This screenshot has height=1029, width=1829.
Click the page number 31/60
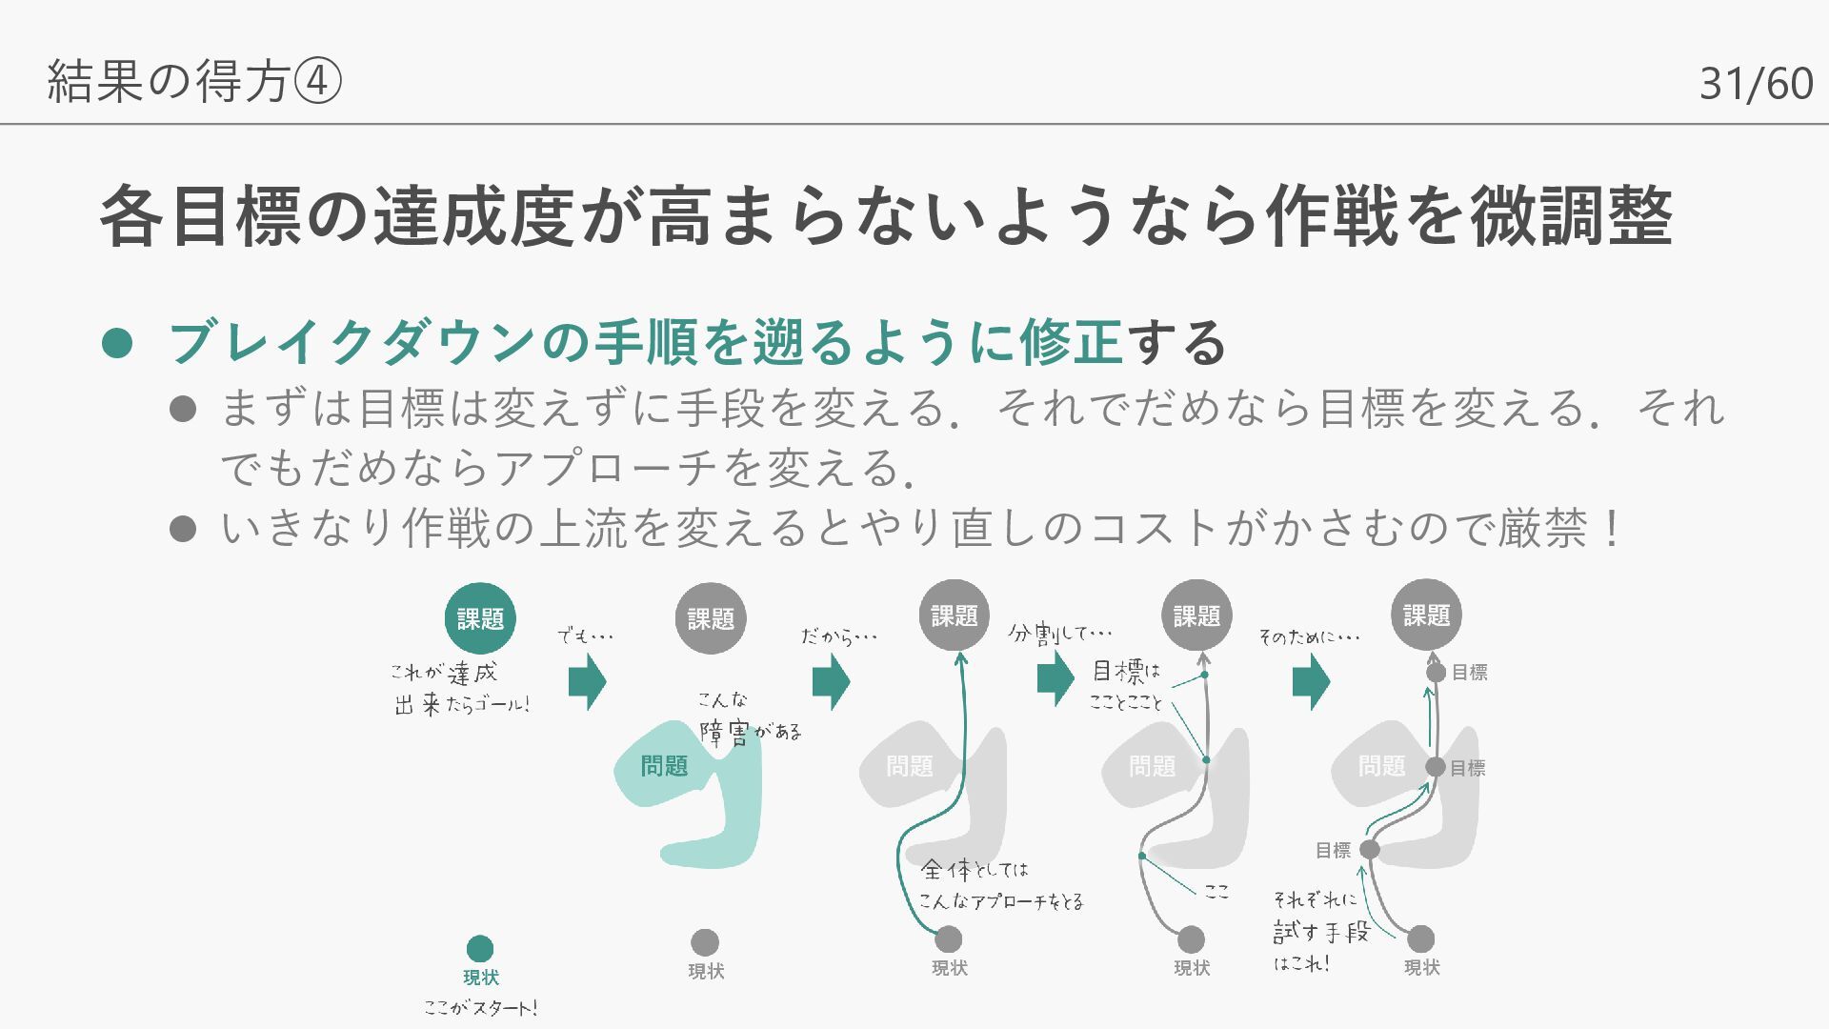click(1756, 84)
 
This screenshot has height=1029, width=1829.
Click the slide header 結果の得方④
click(193, 81)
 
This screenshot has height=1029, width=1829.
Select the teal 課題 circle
click(480, 618)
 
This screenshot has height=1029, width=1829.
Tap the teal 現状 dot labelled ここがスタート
click(480, 948)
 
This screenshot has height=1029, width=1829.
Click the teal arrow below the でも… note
click(587, 682)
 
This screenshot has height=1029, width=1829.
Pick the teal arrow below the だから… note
click(831, 682)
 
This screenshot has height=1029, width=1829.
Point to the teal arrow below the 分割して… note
click(1055, 678)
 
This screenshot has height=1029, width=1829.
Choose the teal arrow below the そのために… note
click(1311, 682)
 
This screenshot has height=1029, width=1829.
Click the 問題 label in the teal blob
click(664, 766)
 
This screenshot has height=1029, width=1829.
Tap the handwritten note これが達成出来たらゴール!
click(461, 689)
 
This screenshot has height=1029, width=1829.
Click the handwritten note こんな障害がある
click(748, 719)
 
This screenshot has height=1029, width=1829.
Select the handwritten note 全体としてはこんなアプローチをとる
click(1000, 885)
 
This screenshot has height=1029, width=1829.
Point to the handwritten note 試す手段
click(1321, 931)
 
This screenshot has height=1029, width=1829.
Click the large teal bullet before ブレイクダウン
click(116, 343)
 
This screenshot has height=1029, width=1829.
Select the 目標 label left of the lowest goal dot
click(1333, 850)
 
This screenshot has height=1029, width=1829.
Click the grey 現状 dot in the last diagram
click(1420, 938)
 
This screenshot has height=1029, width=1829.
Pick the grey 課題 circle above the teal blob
click(711, 618)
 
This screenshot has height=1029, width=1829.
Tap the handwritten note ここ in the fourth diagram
click(1216, 892)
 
